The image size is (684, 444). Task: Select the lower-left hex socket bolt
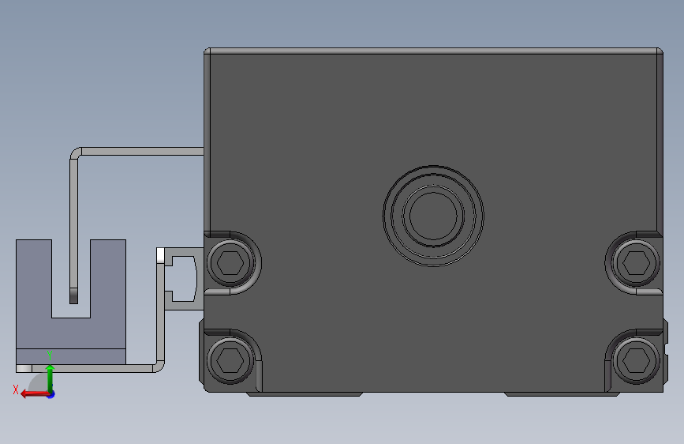pyautogui.click(x=230, y=359)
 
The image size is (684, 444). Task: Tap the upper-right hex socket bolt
pyautogui.click(x=636, y=260)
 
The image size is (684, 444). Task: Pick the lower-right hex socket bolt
pyautogui.click(x=636, y=359)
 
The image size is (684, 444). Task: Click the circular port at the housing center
pyautogui.click(x=432, y=214)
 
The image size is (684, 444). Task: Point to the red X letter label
pyautogui.click(x=16, y=389)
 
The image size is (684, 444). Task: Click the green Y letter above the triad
pyautogui.click(x=49, y=355)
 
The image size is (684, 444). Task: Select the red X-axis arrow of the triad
pyautogui.click(x=32, y=393)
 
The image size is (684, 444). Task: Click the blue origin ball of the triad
pyautogui.click(x=50, y=393)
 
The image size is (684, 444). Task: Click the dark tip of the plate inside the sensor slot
pyautogui.click(x=74, y=295)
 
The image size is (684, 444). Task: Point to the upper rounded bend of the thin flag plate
pyautogui.click(x=77, y=153)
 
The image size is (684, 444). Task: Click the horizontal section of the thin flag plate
pyautogui.click(x=142, y=150)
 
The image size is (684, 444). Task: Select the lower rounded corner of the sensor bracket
pyautogui.click(x=159, y=365)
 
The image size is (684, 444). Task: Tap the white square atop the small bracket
pyautogui.click(x=161, y=255)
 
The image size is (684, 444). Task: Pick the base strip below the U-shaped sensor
pyautogui.click(x=71, y=357)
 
